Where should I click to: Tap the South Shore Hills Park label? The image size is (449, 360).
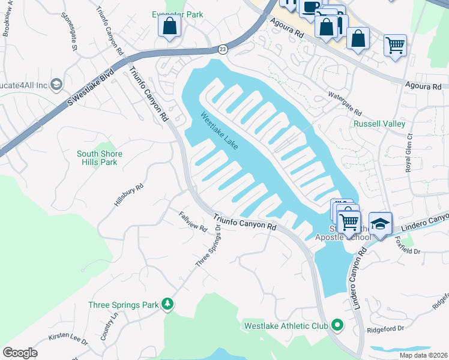tap(100, 158)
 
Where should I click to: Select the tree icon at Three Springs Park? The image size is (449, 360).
tap(169, 305)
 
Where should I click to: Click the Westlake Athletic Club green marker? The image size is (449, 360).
tap(337, 326)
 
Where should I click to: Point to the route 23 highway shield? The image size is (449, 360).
tap(223, 49)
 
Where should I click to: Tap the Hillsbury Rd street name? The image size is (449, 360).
tap(129, 196)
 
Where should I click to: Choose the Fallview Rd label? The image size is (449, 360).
tap(193, 221)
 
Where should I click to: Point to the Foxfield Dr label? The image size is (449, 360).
tap(409, 243)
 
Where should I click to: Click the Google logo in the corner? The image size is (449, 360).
tap(20, 353)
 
